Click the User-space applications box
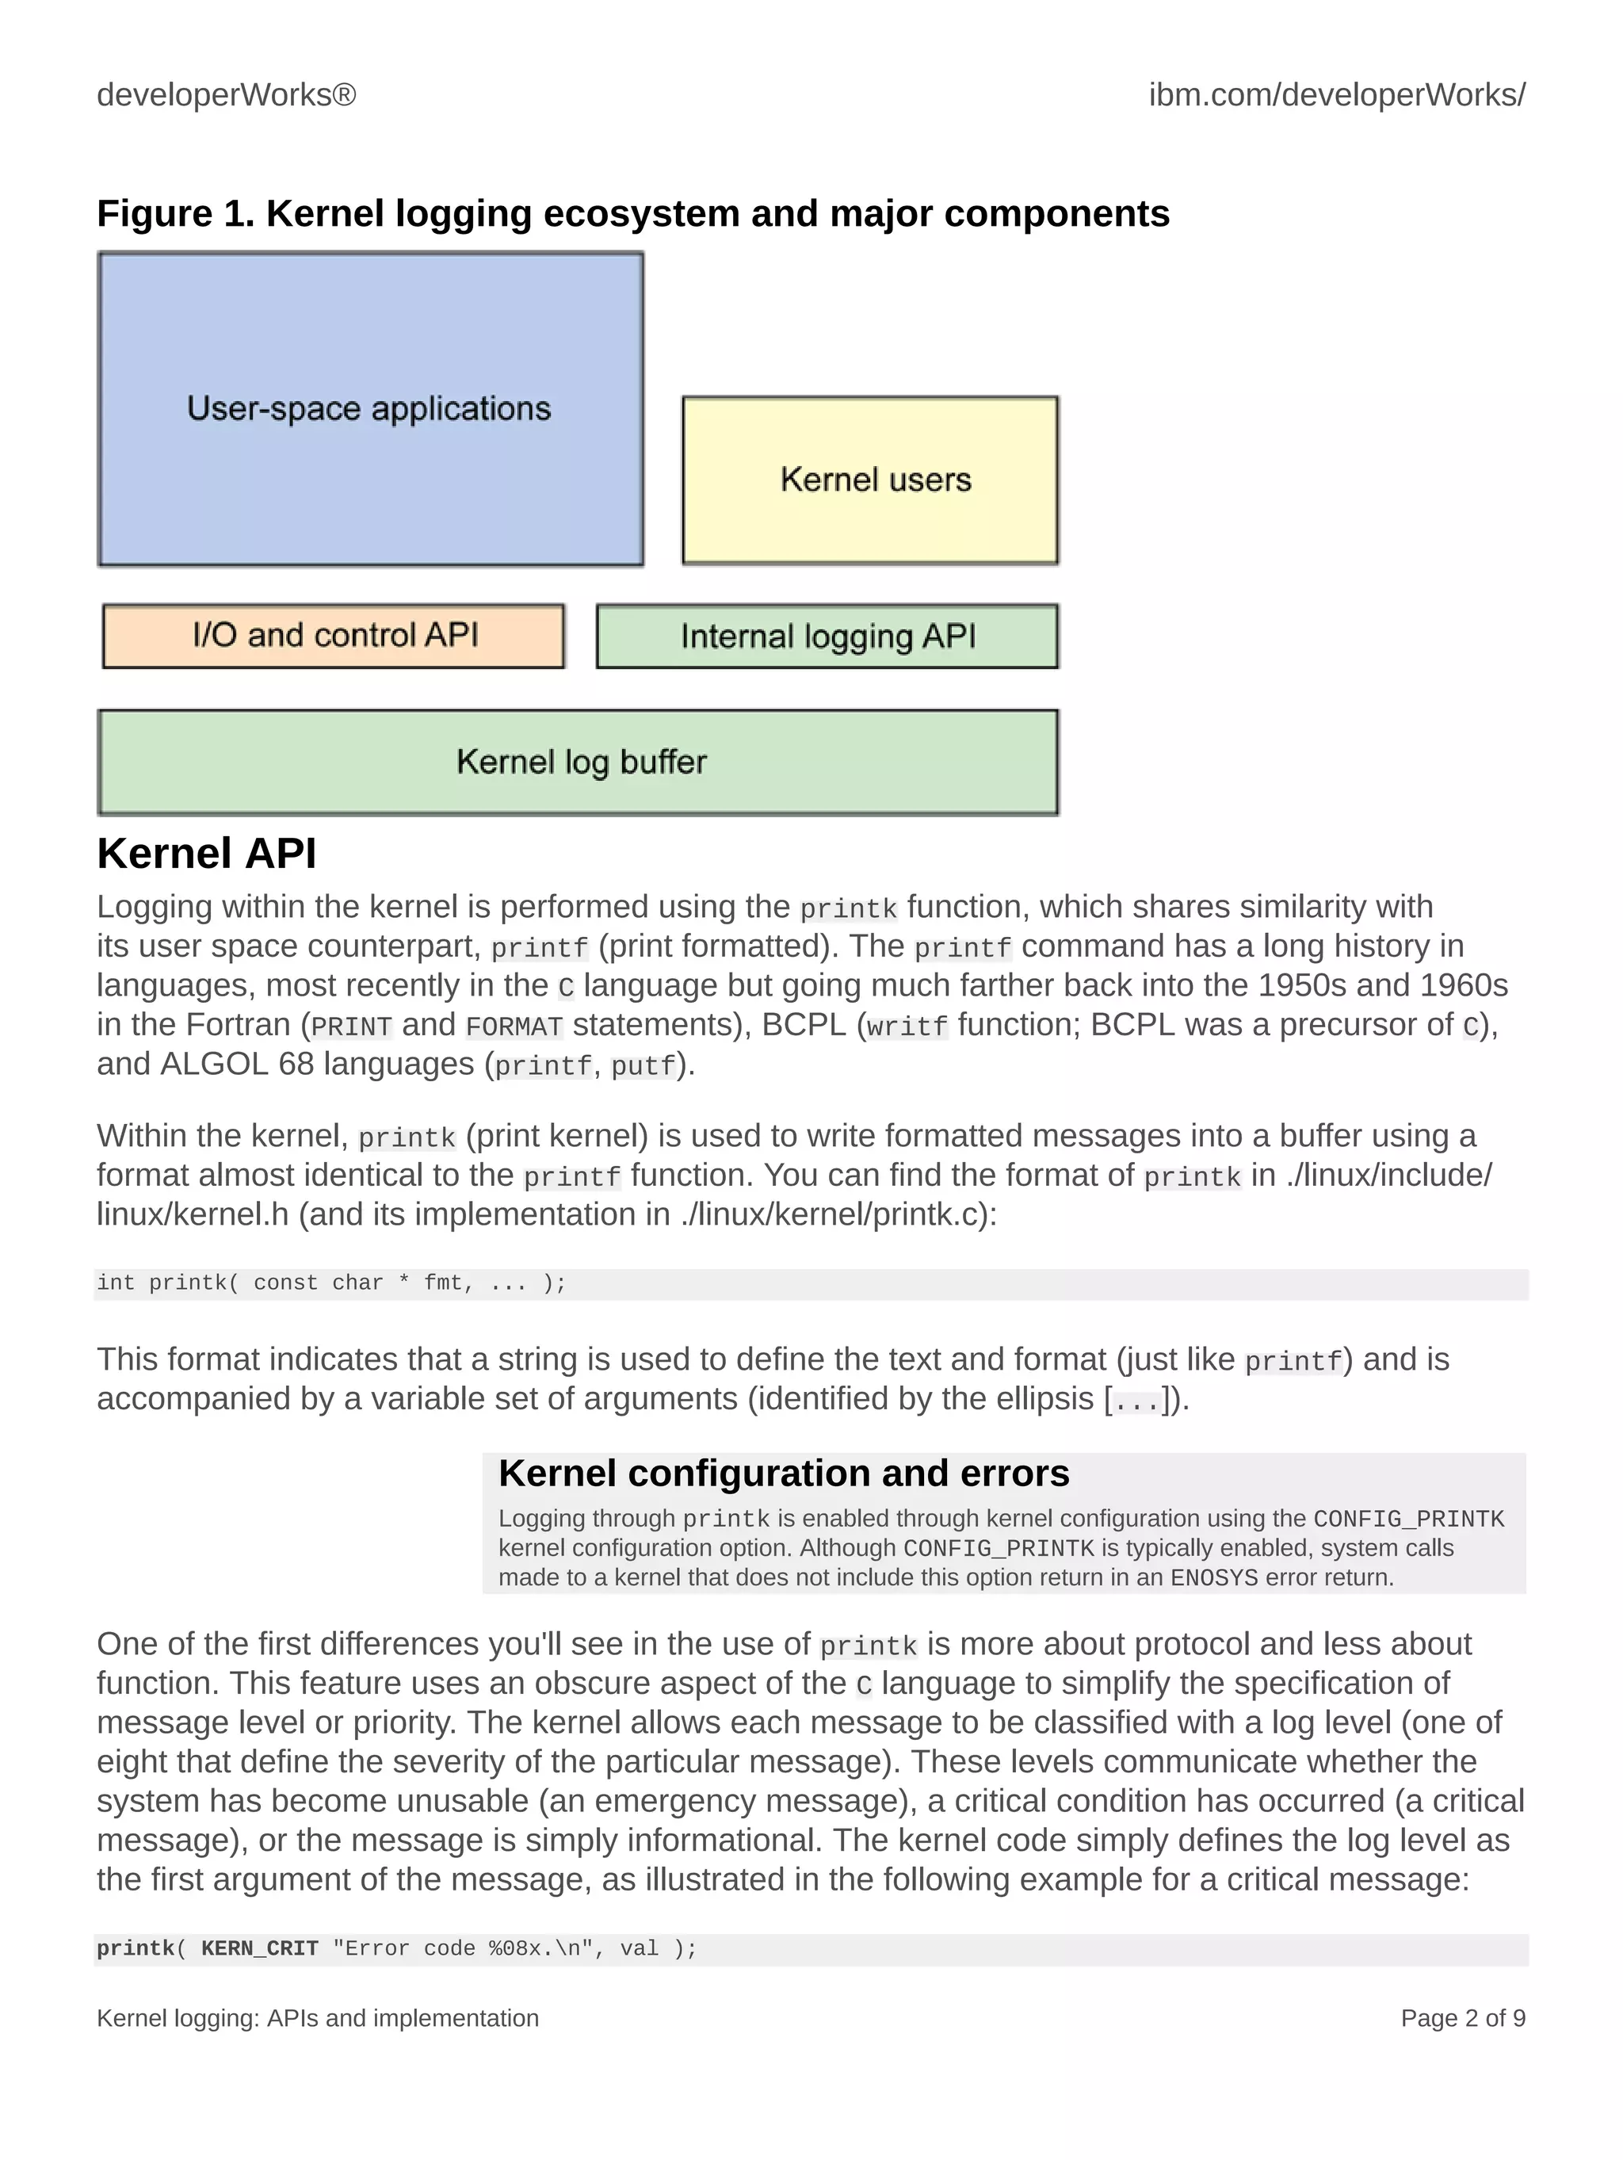pyautogui.click(x=370, y=408)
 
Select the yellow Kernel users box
pyautogui.click(x=870, y=480)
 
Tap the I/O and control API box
pyautogui.click(x=334, y=636)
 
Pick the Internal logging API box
pyautogui.click(x=827, y=637)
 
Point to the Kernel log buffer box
pyautogui.click(x=578, y=763)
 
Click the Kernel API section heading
pyautogui.click(x=207, y=854)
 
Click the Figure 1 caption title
pyautogui.click(x=632, y=214)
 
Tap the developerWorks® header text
pyautogui.click(x=227, y=94)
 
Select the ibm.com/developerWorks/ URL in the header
pyautogui.click(x=1337, y=94)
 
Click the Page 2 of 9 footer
pyautogui.click(x=1462, y=2018)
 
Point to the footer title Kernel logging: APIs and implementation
pyautogui.click(x=317, y=2018)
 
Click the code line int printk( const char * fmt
pyautogui.click(x=331, y=1283)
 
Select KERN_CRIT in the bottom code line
pyautogui.click(x=260, y=1948)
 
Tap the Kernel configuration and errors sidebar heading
pyautogui.click(x=783, y=1474)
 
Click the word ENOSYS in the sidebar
pyautogui.click(x=1214, y=1578)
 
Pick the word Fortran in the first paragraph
pyautogui.click(x=239, y=1024)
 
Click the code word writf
pyautogui.click(x=907, y=1026)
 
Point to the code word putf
pyautogui.click(x=643, y=1065)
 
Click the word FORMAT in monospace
pyautogui.click(x=514, y=1026)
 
